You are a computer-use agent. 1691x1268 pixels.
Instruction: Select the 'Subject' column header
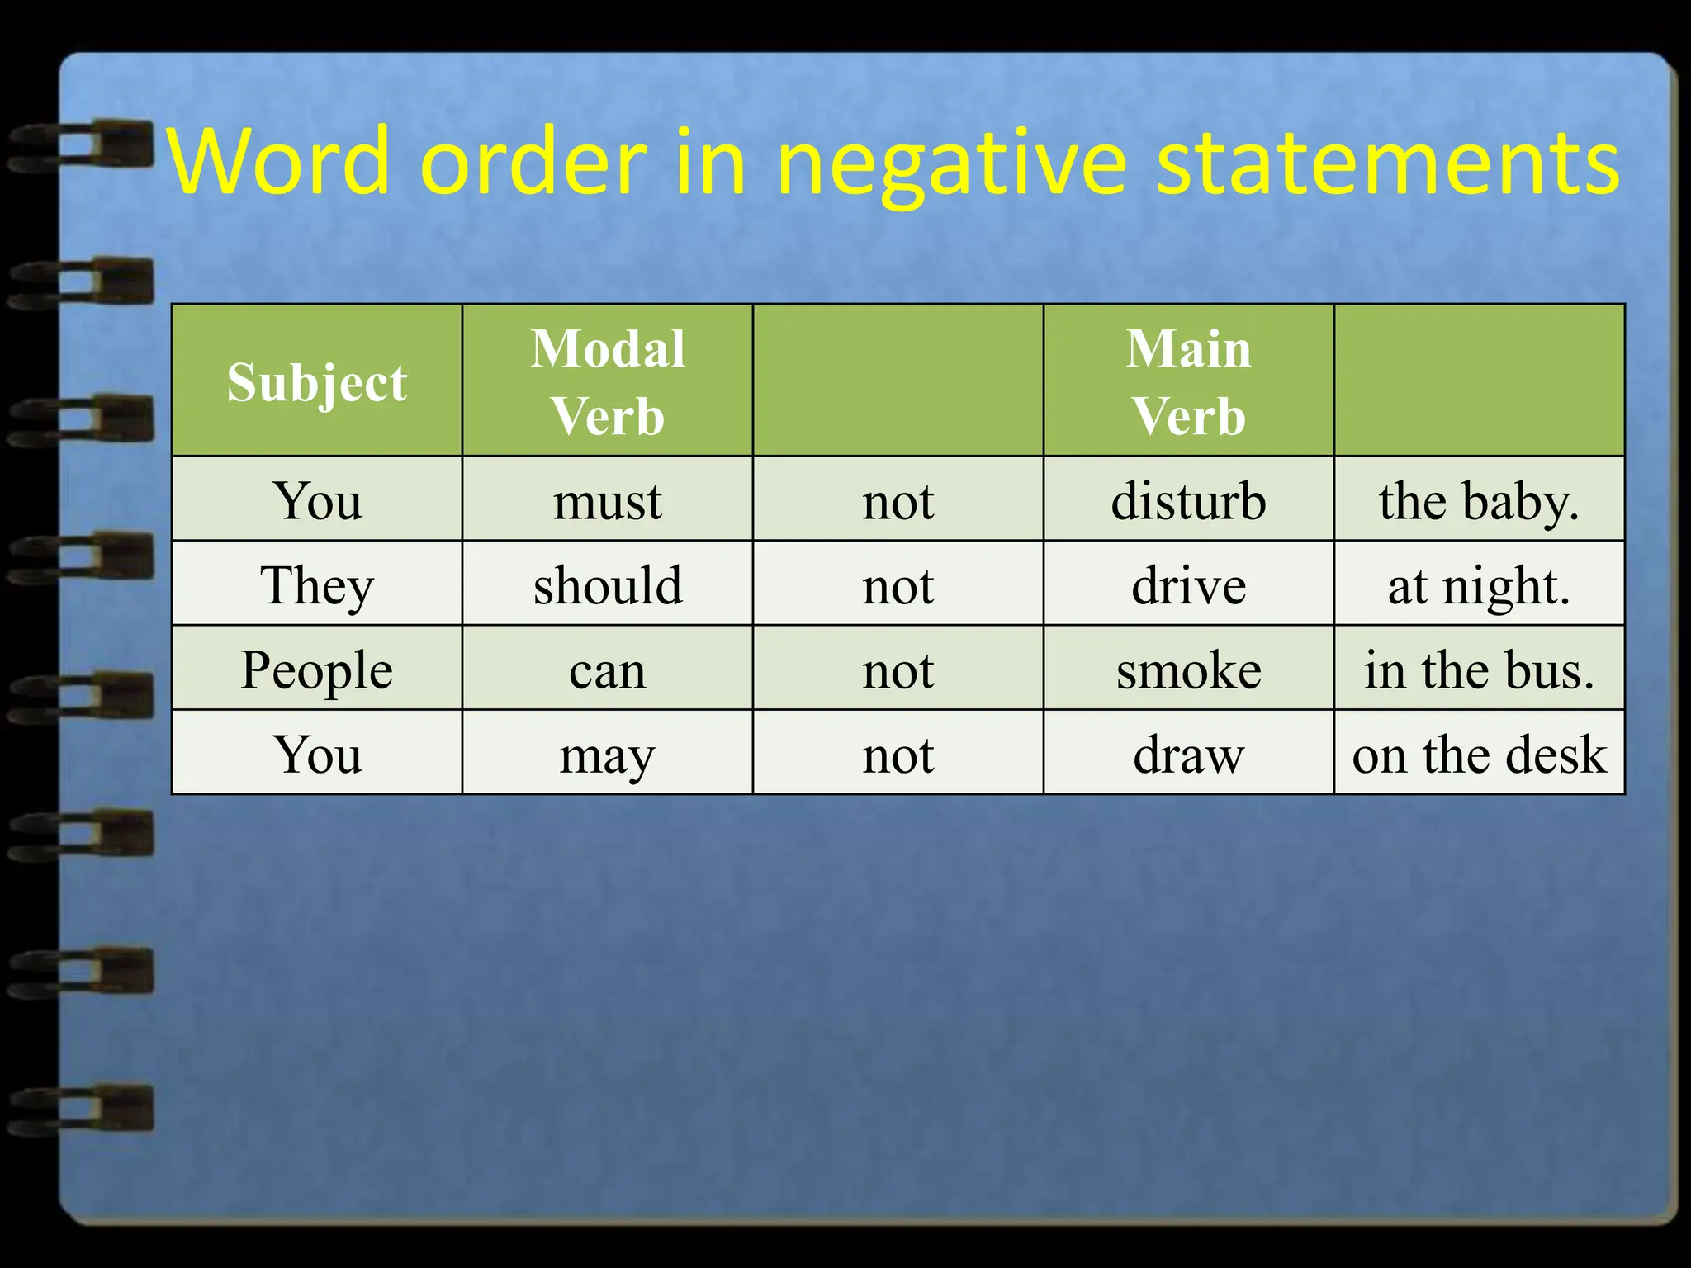click(x=317, y=381)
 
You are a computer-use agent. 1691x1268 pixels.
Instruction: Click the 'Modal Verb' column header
click(x=608, y=381)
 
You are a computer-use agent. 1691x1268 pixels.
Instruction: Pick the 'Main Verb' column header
click(x=1189, y=381)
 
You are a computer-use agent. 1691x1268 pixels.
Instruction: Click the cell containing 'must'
click(x=608, y=500)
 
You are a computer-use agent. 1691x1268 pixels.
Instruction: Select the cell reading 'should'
click(x=608, y=584)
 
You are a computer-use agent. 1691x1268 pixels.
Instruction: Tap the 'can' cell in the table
click(x=608, y=669)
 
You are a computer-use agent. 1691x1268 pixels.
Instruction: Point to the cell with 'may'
click(x=608, y=754)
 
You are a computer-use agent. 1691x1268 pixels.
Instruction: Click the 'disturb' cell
click(x=1189, y=500)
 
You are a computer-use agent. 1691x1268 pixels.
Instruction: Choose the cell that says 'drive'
click(x=1189, y=584)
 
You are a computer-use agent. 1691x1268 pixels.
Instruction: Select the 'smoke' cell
click(x=1189, y=669)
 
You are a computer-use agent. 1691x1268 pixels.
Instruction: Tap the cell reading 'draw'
click(x=1189, y=754)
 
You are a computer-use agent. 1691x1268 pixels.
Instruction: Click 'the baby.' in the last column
click(x=1479, y=500)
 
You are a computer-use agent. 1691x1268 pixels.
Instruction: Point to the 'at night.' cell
click(x=1479, y=584)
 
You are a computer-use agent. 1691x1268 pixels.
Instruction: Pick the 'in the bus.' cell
click(x=1479, y=669)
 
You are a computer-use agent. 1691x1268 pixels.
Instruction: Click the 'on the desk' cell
click(x=1479, y=754)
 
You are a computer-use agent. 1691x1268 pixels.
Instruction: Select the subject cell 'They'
click(x=317, y=584)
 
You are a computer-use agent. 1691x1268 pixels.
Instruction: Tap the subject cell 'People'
click(x=317, y=669)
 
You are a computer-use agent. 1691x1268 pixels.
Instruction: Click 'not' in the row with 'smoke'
click(x=898, y=669)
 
